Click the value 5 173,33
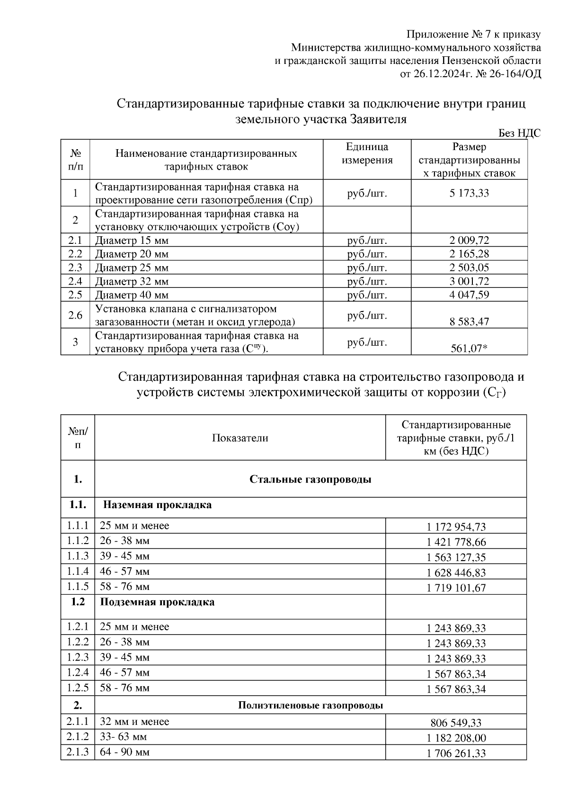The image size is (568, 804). point(469,193)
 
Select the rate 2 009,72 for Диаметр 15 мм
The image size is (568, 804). point(469,240)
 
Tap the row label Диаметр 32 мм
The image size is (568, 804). point(132,281)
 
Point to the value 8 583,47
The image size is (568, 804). point(469,322)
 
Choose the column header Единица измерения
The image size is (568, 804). point(367,153)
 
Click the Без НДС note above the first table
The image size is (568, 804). point(519,134)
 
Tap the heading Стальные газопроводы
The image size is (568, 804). point(310,479)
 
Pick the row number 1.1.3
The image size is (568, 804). point(78,556)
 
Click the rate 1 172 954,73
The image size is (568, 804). point(456,527)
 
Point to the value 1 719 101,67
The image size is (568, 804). point(456,588)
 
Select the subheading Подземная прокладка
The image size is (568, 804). point(157,602)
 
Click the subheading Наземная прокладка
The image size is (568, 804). point(157,505)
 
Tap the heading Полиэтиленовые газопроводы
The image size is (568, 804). point(310,706)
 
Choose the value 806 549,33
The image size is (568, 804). point(456,723)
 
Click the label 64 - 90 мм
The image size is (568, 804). point(124,752)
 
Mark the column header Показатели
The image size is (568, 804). point(240,438)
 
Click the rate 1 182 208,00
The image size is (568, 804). point(456,738)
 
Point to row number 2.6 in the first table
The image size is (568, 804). point(75,315)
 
